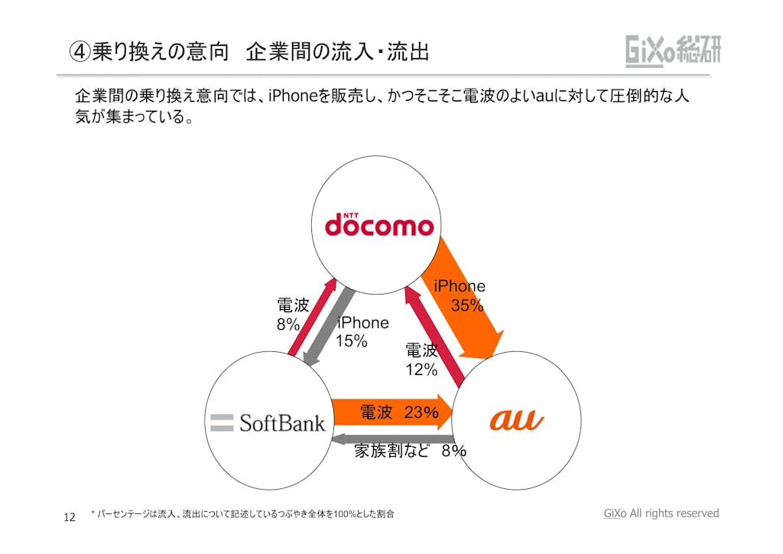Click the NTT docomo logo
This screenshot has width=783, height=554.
[379, 224]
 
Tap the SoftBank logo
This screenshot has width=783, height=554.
[268, 422]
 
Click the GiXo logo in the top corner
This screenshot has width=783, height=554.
[673, 51]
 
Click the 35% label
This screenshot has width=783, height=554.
[467, 305]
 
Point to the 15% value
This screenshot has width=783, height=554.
[352, 341]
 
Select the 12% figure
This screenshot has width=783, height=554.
[421, 370]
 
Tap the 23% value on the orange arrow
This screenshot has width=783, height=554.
[421, 413]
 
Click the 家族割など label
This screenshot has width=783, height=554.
[391, 451]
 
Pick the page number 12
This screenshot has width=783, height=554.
[69, 518]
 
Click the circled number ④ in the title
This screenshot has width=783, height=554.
[79, 52]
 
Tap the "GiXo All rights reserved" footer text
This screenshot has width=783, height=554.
[661, 513]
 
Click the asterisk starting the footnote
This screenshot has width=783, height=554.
[93, 514]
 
